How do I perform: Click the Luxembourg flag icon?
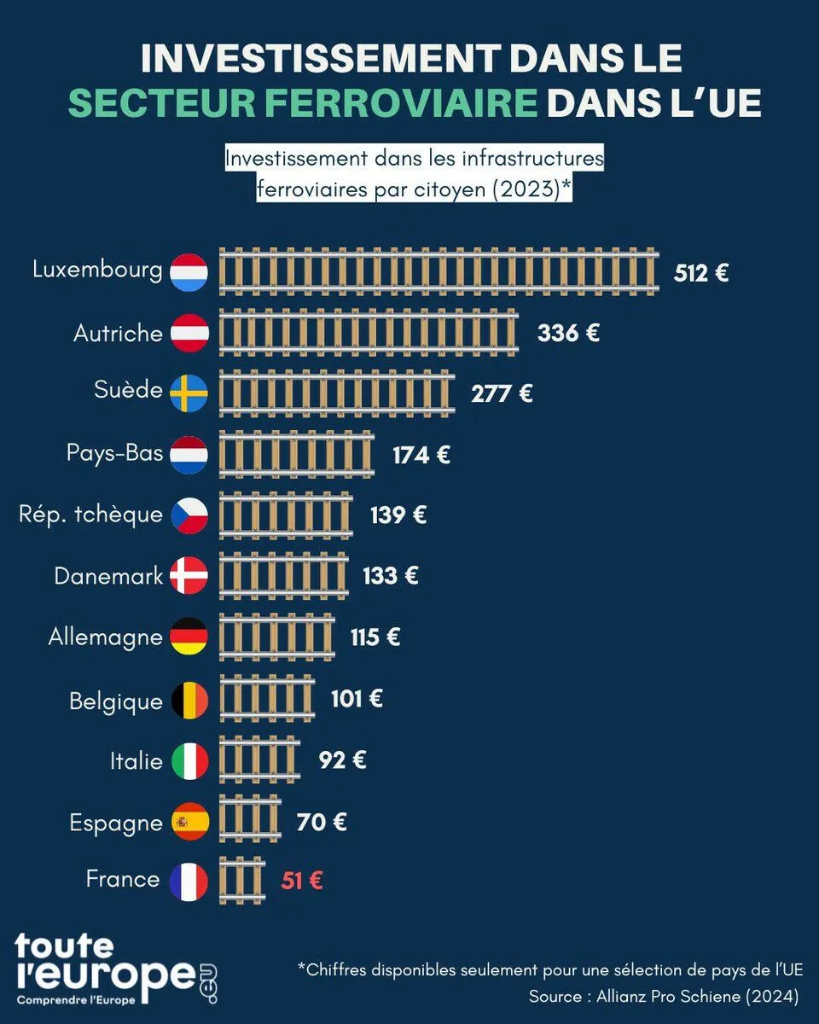point(189,272)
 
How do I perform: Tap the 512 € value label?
point(701,273)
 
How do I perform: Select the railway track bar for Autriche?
point(369,332)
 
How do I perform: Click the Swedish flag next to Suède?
point(189,393)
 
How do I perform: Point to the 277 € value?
point(502,393)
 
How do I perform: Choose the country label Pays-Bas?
point(114,452)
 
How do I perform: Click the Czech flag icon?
point(189,515)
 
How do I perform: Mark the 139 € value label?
point(398,515)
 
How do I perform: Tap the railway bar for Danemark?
point(284,576)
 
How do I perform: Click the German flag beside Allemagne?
point(189,637)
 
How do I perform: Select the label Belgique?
point(116,701)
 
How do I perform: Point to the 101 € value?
point(357,699)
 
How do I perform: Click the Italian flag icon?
point(189,760)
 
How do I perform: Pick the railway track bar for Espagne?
point(250,821)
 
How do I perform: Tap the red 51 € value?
point(302,880)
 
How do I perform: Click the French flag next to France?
point(189,881)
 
